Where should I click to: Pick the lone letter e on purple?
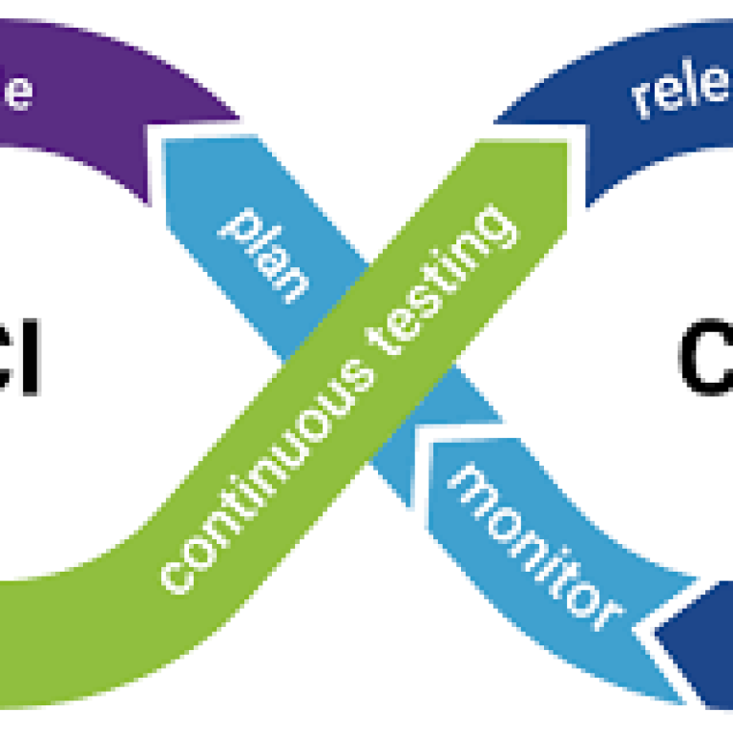point(19,91)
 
